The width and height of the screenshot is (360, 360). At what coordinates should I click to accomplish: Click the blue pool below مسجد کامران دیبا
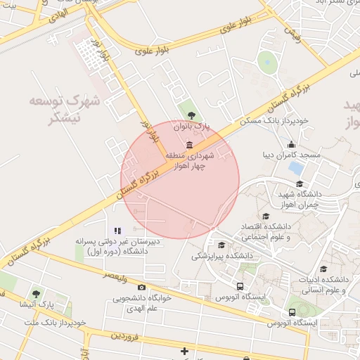296,169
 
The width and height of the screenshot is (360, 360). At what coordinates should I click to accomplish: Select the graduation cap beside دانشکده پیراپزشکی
222,245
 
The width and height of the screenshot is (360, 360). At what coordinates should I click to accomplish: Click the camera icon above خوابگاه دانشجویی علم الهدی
141,287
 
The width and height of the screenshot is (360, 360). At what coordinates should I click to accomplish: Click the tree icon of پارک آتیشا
36,293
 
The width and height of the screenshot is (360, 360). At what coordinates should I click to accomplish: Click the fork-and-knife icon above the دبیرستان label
118,230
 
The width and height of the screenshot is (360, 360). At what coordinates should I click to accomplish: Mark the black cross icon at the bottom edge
185,350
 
